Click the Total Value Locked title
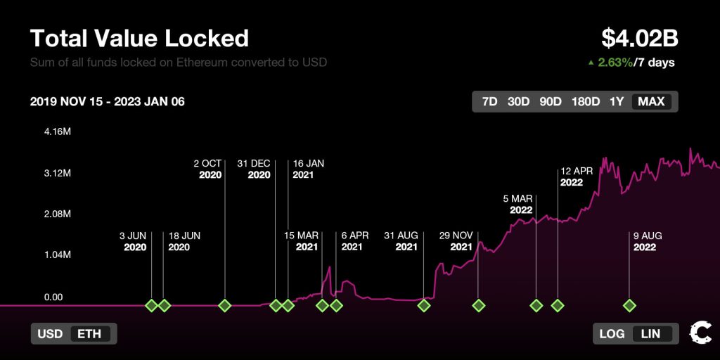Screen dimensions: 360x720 [x=139, y=38]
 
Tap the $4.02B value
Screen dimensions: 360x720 [x=639, y=38]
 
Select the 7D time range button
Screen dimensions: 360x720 [x=489, y=101]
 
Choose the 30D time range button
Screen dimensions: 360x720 [x=518, y=101]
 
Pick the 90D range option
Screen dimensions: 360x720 [x=550, y=101]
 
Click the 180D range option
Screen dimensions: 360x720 [x=585, y=101]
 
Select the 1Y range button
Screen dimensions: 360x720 [x=617, y=101]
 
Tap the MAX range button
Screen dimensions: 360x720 [x=651, y=101]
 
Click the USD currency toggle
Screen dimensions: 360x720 [x=50, y=333]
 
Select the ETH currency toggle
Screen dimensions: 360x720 [x=91, y=333]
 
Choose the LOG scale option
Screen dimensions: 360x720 [x=612, y=333]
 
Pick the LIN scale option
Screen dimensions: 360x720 [x=651, y=333]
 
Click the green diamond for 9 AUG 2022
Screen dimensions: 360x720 [x=629, y=305]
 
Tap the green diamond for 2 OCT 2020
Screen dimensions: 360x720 [x=225, y=305]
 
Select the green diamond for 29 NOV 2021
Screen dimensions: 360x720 [x=479, y=305]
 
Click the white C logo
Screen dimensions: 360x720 [x=700, y=332]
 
